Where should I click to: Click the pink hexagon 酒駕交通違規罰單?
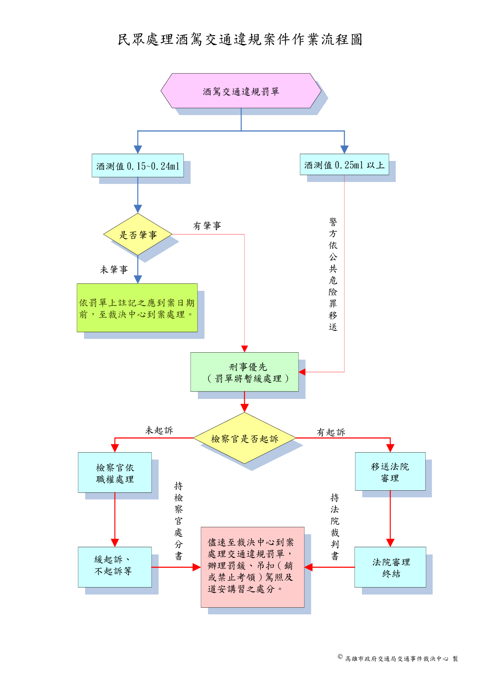tap(241, 91)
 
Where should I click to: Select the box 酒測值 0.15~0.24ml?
tap(138, 166)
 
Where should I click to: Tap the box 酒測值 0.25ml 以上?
tap(344, 164)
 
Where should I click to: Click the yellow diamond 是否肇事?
tap(138, 234)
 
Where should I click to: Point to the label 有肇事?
tap(207, 226)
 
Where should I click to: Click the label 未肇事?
tap(114, 269)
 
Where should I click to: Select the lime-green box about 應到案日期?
tap(137, 308)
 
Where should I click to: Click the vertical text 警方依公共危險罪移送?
tap(333, 274)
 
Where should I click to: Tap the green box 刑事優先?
tap(244, 372)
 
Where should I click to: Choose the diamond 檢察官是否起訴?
tap(244, 438)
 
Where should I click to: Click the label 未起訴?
tap(159, 430)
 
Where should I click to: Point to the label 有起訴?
tap(331, 432)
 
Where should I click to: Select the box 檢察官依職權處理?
tap(115, 472)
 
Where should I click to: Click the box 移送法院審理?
tap(390, 471)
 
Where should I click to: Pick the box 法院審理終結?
tap(390, 567)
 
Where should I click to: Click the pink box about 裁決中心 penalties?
tap(252, 567)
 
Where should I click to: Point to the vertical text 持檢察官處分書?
tap(178, 521)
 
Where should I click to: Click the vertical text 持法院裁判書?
tap(335, 527)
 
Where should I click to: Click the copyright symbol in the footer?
tap(340, 657)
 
